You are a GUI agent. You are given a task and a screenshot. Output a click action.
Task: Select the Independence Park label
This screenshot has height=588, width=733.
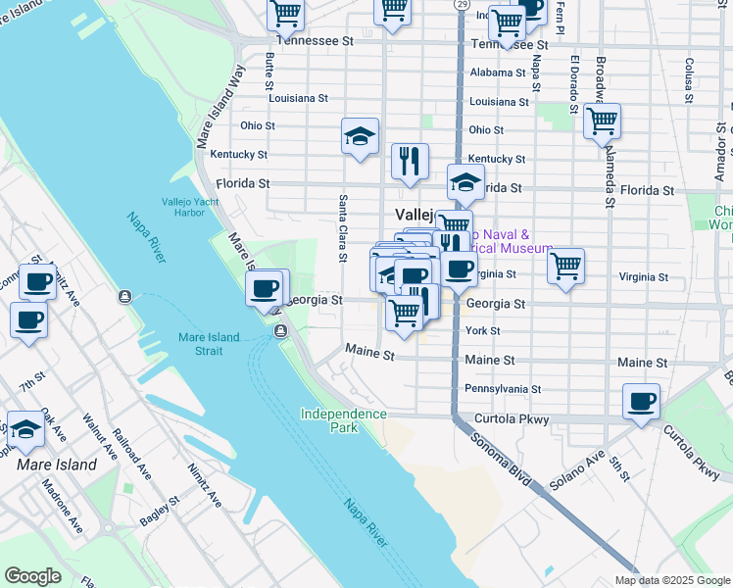coord(343,420)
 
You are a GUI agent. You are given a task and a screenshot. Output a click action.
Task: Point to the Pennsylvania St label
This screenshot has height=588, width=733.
coord(503,389)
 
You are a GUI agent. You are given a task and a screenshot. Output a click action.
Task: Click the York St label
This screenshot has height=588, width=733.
coord(483,331)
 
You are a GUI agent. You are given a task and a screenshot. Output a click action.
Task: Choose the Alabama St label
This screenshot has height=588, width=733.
coord(499,73)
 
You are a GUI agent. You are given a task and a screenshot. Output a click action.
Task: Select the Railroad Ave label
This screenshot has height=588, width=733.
coord(131,455)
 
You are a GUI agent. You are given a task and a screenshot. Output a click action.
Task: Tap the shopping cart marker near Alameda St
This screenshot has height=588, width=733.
coord(602,122)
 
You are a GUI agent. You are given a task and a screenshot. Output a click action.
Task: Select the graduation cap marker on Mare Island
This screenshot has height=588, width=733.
coord(25,428)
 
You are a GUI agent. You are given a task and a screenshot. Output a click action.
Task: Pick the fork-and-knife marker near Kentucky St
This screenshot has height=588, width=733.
coord(410,161)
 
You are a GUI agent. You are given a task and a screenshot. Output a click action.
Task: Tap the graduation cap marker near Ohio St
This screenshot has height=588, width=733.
coord(360,135)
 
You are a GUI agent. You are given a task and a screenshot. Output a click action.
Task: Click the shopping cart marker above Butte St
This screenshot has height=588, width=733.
coord(285,14)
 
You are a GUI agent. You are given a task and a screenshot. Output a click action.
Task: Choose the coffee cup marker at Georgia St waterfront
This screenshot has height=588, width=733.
coord(264,288)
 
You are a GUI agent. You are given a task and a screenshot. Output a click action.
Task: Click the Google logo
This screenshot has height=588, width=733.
coord(32,576)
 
